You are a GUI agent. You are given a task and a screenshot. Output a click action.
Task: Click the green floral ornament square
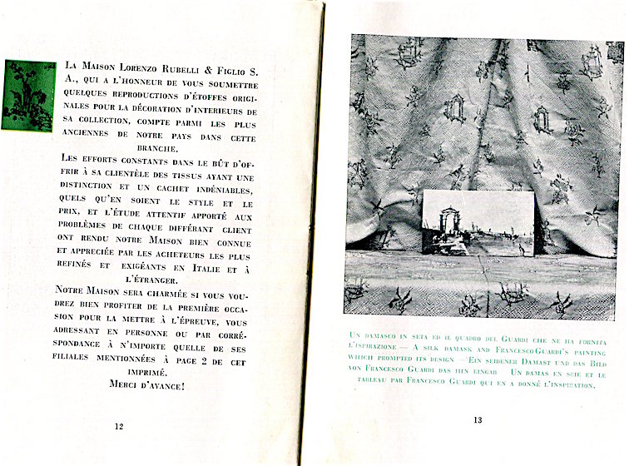(28, 96)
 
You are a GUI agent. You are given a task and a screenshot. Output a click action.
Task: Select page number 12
(118, 426)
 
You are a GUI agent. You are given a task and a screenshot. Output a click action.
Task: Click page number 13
(478, 419)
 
